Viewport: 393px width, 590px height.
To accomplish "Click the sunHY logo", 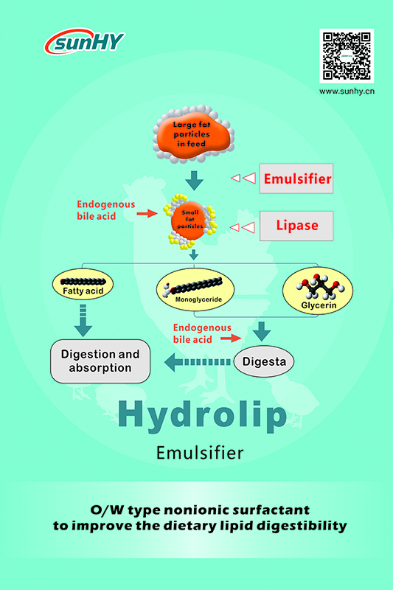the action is tap(85, 41).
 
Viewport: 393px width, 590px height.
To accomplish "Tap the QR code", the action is tap(347, 56).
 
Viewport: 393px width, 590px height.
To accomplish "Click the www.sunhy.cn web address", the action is tap(347, 91).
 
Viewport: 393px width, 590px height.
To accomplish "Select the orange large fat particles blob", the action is tap(193, 134).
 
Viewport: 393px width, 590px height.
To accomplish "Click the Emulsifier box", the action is tap(296, 178).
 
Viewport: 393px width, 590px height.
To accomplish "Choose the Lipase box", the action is tap(296, 226).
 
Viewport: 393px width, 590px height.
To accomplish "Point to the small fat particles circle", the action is tap(190, 222).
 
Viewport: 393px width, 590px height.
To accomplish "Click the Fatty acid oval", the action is tap(83, 285).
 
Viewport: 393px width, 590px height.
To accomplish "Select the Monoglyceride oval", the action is tap(195, 290).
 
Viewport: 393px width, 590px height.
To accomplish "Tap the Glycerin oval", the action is tap(318, 291).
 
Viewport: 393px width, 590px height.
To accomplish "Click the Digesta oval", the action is tap(264, 361).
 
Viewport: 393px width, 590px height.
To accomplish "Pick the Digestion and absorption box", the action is tap(100, 361).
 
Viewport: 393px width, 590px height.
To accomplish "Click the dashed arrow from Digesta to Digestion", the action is tap(198, 362).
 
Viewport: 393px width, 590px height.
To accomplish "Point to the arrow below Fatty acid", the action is tap(83, 321).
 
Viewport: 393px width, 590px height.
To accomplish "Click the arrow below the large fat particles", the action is tap(195, 181).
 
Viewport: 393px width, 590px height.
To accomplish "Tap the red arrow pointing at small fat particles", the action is tap(147, 213).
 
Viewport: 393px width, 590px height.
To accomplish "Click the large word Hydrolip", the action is tap(202, 417).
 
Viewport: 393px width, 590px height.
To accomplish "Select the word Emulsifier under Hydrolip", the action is tap(200, 453).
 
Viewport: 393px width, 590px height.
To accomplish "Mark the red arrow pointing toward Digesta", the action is tap(231, 339).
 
